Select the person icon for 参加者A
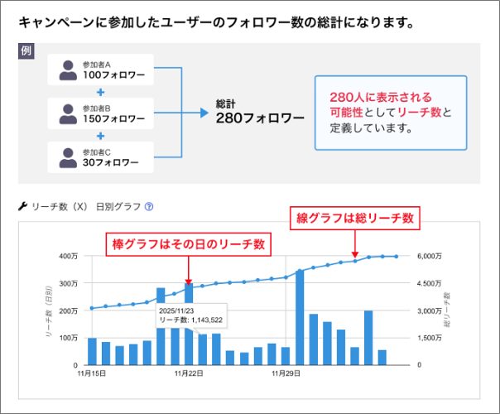(67, 70)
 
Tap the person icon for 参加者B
(67, 114)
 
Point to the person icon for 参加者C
(67, 157)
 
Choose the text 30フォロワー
(110, 163)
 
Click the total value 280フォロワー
(260, 118)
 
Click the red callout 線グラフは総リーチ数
(354, 219)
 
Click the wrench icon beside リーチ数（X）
(22, 206)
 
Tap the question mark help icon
(149, 207)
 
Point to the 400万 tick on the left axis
(68, 256)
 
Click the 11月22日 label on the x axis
(189, 374)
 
